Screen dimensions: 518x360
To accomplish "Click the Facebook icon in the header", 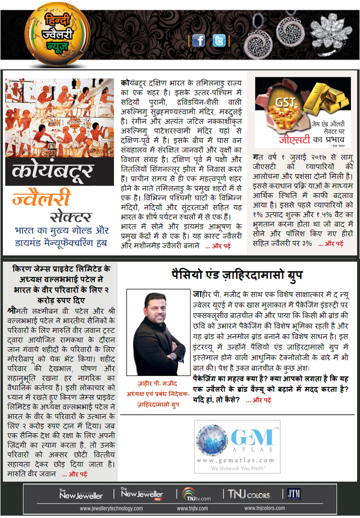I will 199,41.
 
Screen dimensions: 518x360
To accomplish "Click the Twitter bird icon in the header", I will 219,41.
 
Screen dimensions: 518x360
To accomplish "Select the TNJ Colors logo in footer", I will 249,494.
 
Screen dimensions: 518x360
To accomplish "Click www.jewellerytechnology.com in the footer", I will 111,508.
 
